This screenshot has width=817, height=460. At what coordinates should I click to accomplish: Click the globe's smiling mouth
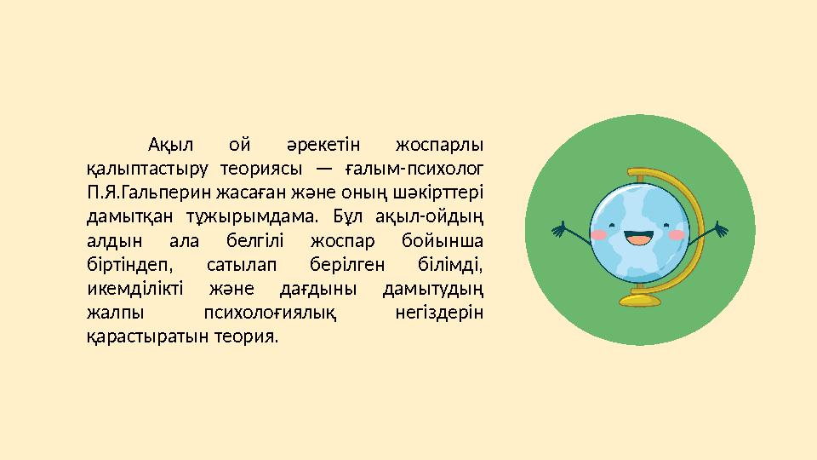click(x=638, y=236)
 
